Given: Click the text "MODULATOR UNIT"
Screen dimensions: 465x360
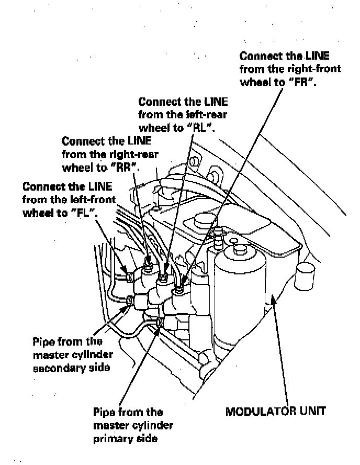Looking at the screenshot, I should (x=275, y=411).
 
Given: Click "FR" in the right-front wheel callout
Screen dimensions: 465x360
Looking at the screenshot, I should (x=305, y=82).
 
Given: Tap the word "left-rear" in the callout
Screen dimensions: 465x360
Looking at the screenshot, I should (x=205, y=115).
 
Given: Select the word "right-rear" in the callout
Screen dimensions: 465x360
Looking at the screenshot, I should (x=133, y=154).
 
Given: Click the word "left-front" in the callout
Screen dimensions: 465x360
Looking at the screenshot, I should (x=92, y=199).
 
